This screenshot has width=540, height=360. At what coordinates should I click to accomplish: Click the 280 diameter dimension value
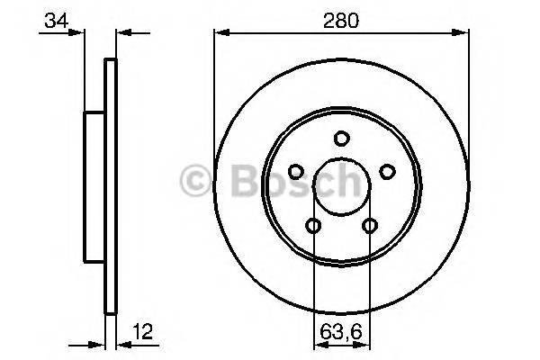(341, 19)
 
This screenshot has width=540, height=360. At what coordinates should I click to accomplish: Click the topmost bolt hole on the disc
(341, 138)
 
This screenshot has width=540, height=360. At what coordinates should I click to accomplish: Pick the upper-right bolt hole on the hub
(387, 171)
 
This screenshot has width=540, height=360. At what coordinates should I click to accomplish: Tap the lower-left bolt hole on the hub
(313, 225)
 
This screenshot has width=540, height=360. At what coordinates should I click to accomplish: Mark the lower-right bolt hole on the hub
(369, 225)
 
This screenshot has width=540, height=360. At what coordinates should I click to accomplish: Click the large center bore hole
(341, 186)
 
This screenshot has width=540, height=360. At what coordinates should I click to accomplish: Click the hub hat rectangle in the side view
(94, 186)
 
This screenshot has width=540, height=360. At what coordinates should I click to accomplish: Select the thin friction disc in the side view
(111, 186)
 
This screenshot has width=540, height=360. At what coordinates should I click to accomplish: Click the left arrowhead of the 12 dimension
(100, 343)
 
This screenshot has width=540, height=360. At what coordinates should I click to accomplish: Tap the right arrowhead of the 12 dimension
(122, 343)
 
